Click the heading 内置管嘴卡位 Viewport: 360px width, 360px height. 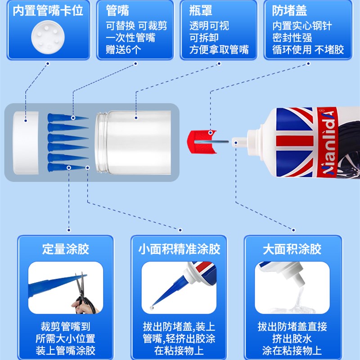pos(48,10)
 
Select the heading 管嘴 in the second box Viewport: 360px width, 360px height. pos(117,10)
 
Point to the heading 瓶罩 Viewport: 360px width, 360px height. pos(200,10)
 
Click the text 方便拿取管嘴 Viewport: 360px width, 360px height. pos(219,49)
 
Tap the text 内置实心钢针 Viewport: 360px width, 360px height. pos(302,26)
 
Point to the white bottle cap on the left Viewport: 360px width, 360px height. pos(26,143)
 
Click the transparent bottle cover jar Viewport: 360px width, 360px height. pos(135,143)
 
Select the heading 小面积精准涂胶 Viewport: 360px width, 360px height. pos(180,249)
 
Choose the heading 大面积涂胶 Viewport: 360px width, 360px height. pos(292,249)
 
